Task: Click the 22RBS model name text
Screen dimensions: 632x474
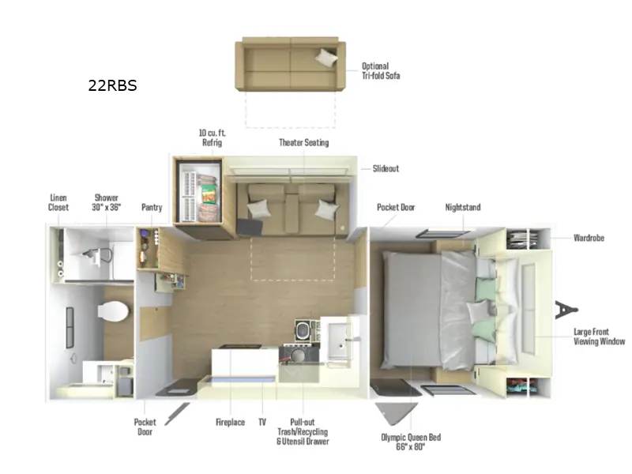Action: (x=112, y=85)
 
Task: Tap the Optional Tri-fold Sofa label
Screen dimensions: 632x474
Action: (x=381, y=71)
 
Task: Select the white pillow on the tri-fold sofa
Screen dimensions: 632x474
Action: (x=326, y=58)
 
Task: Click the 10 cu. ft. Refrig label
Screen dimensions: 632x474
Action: (x=212, y=137)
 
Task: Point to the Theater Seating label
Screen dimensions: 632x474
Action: (x=304, y=142)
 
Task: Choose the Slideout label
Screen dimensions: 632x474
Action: (x=386, y=168)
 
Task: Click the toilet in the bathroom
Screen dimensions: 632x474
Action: (x=113, y=310)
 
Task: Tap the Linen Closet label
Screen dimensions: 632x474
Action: (x=58, y=202)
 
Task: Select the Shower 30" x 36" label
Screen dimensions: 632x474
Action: (x=107, y=202)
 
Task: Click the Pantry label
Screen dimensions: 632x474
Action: (x=152, y=207)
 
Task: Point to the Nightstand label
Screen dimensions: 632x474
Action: (x=463, y=207)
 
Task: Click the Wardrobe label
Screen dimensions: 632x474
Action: (x=589, y=238)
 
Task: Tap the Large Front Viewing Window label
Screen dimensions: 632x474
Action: (x=599, y=337)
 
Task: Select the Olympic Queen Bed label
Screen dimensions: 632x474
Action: (x=411, y=442)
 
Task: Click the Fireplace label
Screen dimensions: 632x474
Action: (x=230, y=422)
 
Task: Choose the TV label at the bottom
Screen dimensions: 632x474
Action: (x=262, y=422)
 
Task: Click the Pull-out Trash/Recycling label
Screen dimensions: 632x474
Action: (x=303, y=431)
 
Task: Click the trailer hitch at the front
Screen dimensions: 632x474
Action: (x=566, y=310)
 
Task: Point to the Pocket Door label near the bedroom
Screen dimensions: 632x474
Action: (x=396, y=207)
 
